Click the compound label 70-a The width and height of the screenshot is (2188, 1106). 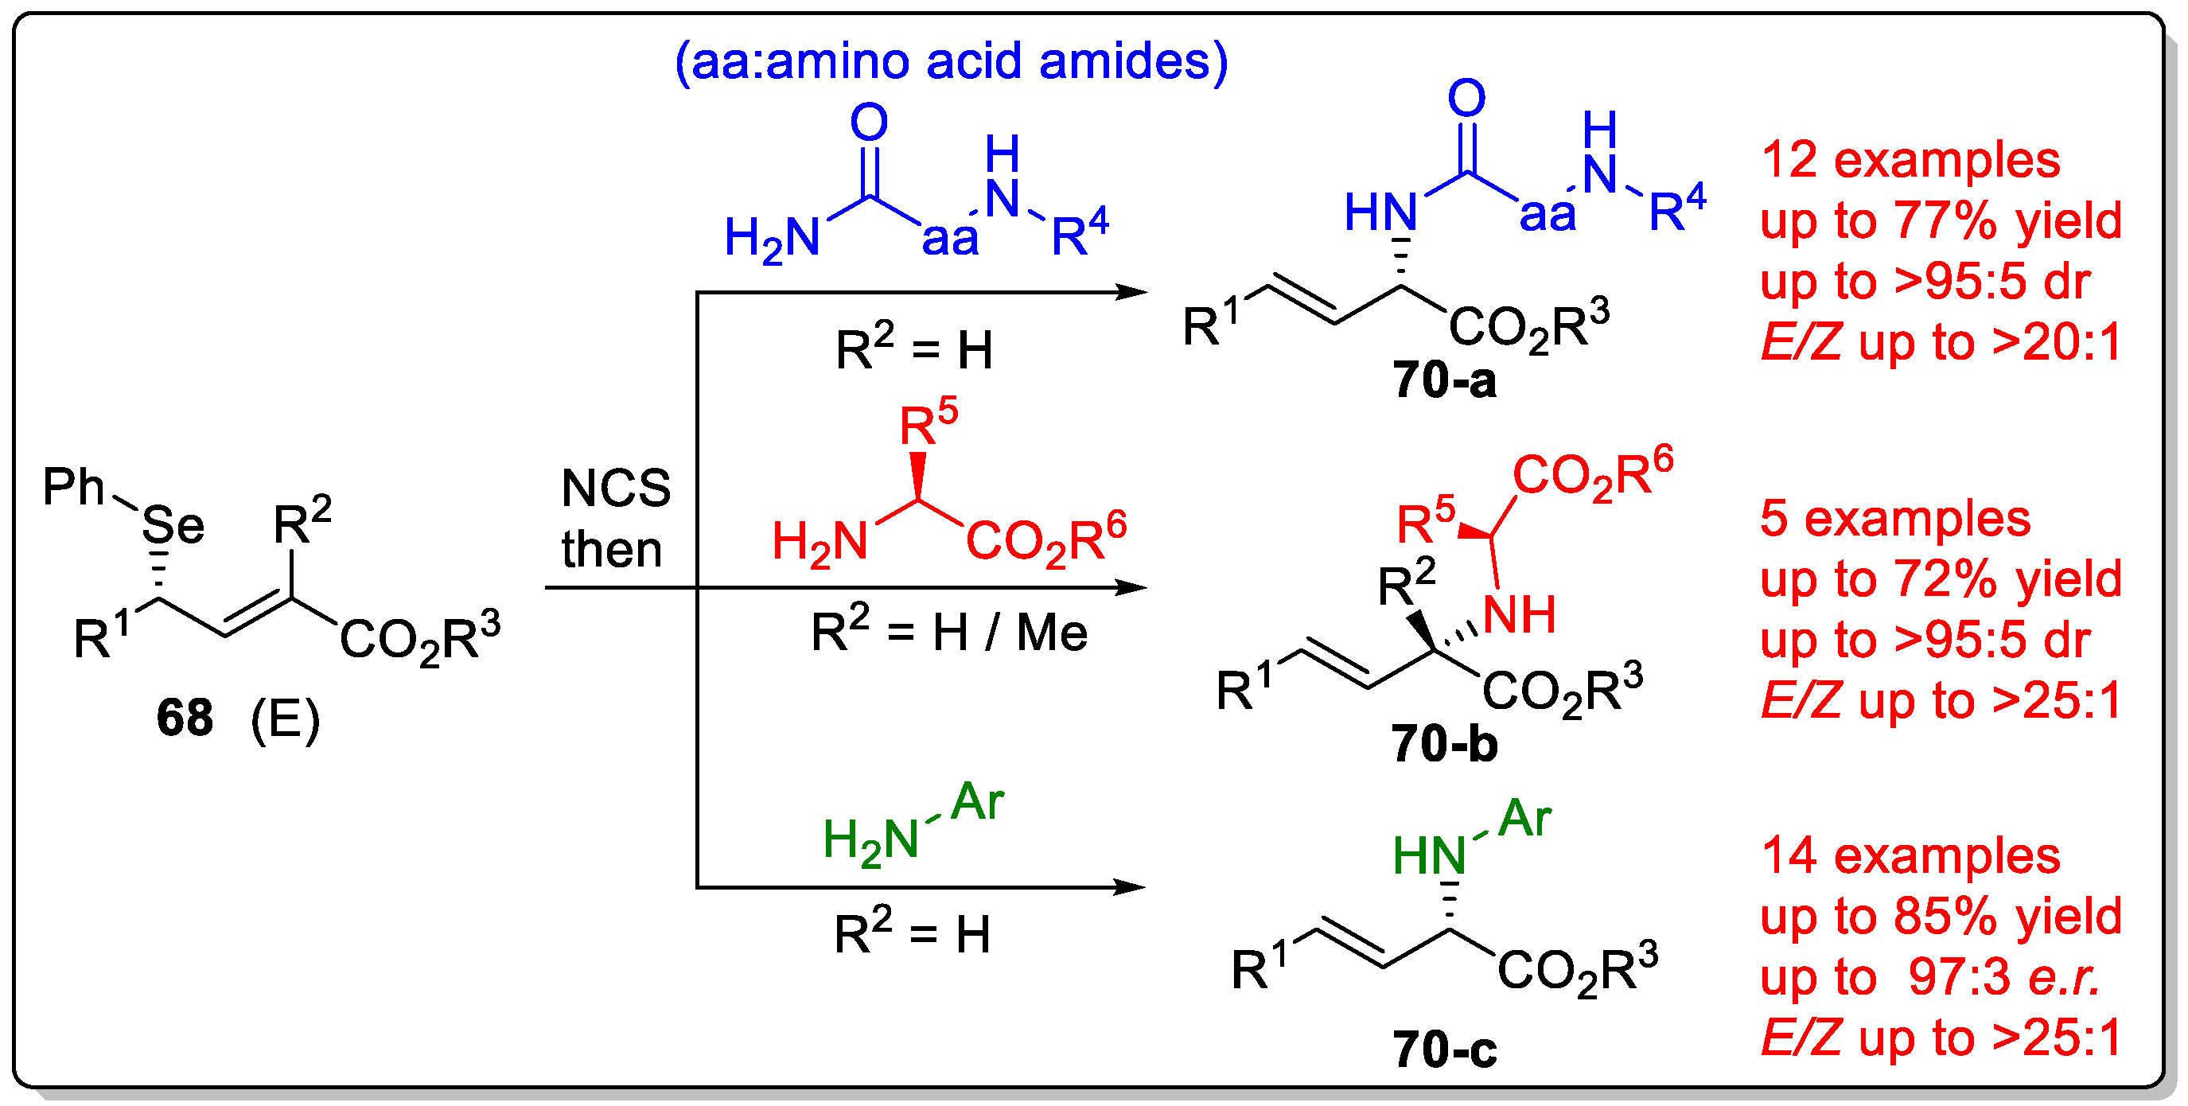(1444, 380)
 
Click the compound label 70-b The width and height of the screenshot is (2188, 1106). (1444, 744)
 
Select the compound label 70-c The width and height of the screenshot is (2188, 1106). (1444, 1050)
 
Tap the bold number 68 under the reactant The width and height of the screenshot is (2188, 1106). (185, 718)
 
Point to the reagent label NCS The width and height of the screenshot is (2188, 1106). (616, 489)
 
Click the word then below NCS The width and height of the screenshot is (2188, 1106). (612, 550)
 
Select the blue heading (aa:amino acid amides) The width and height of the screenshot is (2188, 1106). (952, 61)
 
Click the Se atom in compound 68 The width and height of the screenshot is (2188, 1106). (173, 525)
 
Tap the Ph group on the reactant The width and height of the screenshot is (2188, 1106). (74, 487)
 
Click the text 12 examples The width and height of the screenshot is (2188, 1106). (1910, 160)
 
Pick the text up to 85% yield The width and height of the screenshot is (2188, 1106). (1941, 917)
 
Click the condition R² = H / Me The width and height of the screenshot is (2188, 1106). (948, 632)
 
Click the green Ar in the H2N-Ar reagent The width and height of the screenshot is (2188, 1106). (977, 802)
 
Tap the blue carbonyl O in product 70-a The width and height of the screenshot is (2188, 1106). (1467, 99)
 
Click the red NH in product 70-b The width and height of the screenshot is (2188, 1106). (1520, 615)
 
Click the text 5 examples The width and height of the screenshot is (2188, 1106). (1895, 518)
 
